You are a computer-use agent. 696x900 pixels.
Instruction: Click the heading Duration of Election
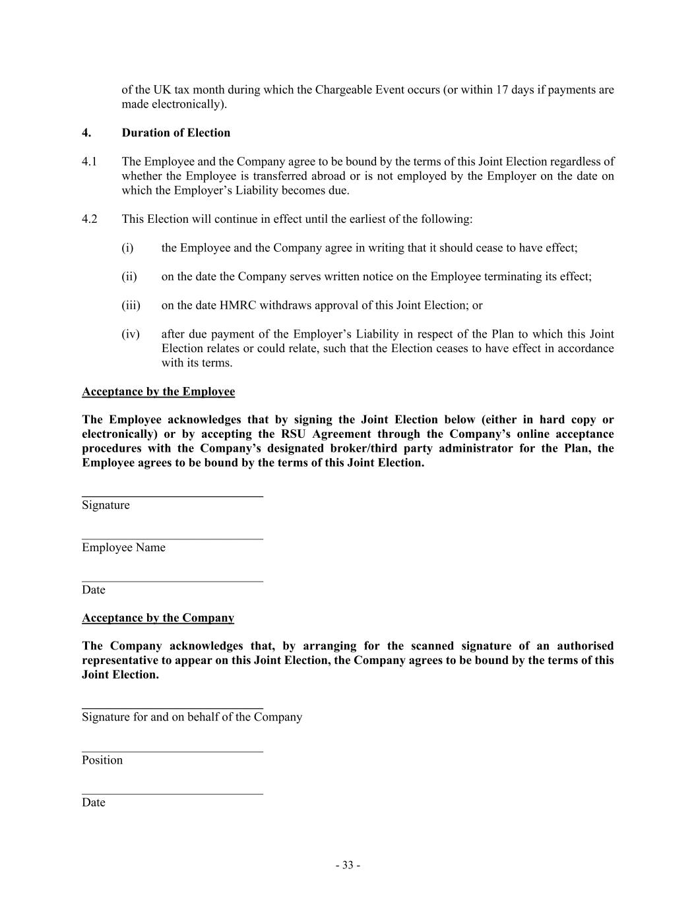click(175, 133)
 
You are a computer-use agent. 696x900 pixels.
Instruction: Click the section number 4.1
click(90, 162)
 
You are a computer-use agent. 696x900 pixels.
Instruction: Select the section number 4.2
click(90, 219)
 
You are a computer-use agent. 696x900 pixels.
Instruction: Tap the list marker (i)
click(127, 248)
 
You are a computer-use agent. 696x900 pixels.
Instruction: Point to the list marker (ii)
click(129, 276)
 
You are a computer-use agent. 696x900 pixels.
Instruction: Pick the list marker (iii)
click(131, 305)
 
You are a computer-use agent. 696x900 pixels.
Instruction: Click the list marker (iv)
click(131, 334)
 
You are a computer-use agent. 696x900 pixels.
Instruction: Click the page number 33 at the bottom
click(348, 865)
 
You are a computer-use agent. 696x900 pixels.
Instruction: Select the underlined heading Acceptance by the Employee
click(158, 392)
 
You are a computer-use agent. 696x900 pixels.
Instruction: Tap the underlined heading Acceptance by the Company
click(158, 618)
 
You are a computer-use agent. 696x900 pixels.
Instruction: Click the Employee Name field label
click(123, 547)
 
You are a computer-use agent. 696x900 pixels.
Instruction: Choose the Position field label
click(102, 760)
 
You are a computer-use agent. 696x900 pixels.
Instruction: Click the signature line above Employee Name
click(172, 539)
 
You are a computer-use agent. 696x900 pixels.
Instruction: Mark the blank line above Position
click(172, 751)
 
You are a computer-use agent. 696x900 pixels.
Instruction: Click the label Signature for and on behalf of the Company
click(192, 717)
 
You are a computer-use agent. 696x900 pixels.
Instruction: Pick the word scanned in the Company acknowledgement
click(432, 645)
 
